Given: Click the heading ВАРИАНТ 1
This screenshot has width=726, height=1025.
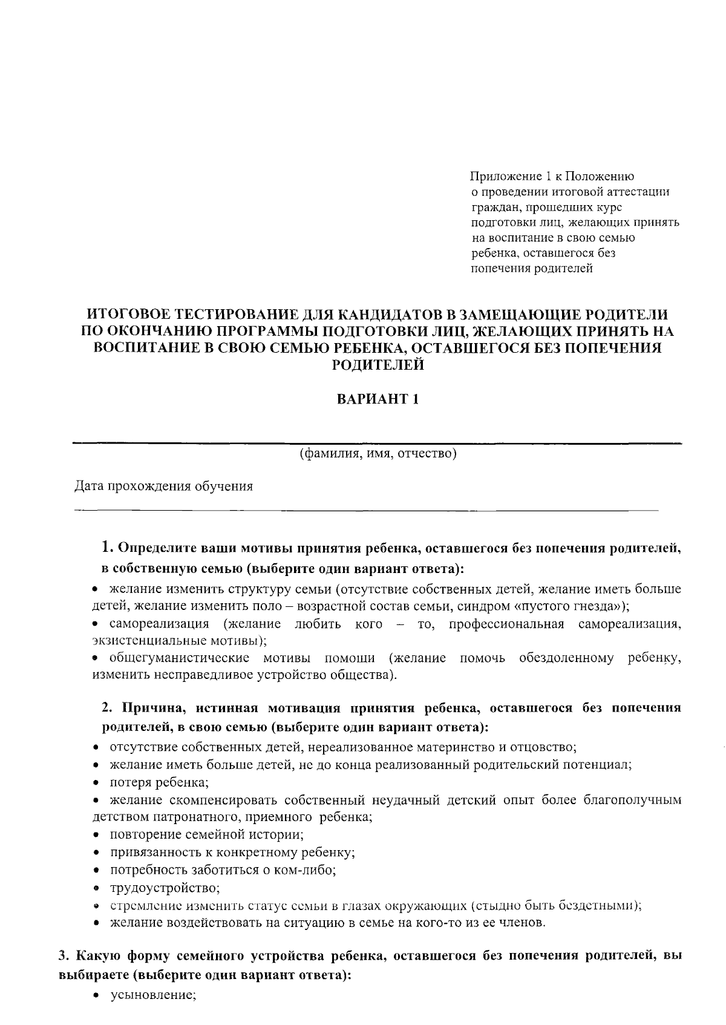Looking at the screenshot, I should pos(378,400).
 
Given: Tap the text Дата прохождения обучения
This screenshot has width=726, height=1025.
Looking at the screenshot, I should pos(163,486).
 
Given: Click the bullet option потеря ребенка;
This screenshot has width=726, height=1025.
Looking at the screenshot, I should pos(159,782).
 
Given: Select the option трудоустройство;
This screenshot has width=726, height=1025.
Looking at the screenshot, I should pos(165,888).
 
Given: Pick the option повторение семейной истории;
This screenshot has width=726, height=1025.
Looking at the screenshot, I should pos(206,835).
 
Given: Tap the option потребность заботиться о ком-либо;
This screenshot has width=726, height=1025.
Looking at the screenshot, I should pos(223,870).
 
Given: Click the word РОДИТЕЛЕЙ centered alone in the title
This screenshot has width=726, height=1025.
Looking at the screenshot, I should pos(378,365).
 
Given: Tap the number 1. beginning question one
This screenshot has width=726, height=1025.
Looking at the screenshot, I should pos(107,548).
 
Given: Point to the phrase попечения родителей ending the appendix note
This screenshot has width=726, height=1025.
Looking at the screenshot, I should pos(532,269).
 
